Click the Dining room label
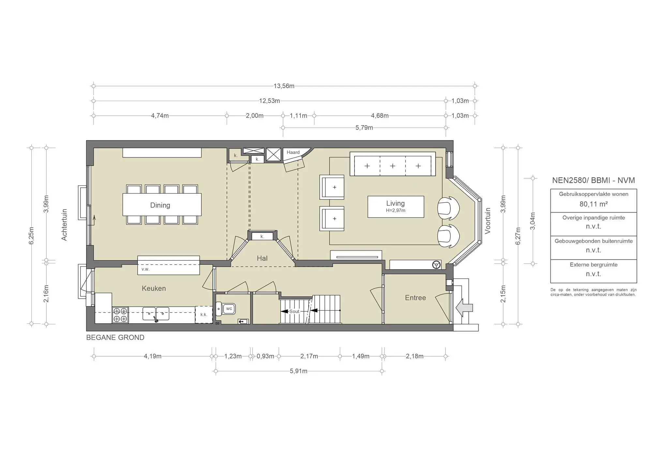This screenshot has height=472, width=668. pyautogui.click(x=160, y=205)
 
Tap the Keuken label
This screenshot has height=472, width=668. pyautogui.click(x=154, y=288)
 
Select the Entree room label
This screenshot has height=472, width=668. pyautogui.click(x=415, y=298)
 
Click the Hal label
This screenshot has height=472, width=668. pyautogui.click(x=262, y=258)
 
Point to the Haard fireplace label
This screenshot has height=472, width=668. pyautogui.click(x=293, y=152)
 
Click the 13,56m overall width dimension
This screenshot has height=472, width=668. pyautogui.click(x=284, y=86)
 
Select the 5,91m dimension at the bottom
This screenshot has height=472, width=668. pyautogui.click(x=298, y=371)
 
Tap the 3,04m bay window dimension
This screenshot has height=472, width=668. pyautogui.click(x=533, y=221)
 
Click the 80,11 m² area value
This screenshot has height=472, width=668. pyautogui.click(x=593, y=204)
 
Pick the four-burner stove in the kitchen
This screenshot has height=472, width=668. pyautogui.click(x=120, y=315)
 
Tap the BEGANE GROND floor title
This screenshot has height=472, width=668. pyautogui.click(x=115, y=338)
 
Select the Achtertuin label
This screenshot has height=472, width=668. pyautogui.click(x=64, y=225)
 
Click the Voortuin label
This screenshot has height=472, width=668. pyautogui.click(x=488, y=221)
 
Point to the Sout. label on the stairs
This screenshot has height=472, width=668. pyautogui.click(x=295, y=311)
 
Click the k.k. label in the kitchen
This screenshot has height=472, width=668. pyautogui.click(x=204, y=315)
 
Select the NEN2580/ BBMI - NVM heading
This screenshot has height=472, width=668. pyautogui.click(x=593, y=180)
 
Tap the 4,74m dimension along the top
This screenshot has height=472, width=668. pyautogui.click(x=160, y=116)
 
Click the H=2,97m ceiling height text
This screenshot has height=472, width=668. pyautogui.click(x=395, y=211)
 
